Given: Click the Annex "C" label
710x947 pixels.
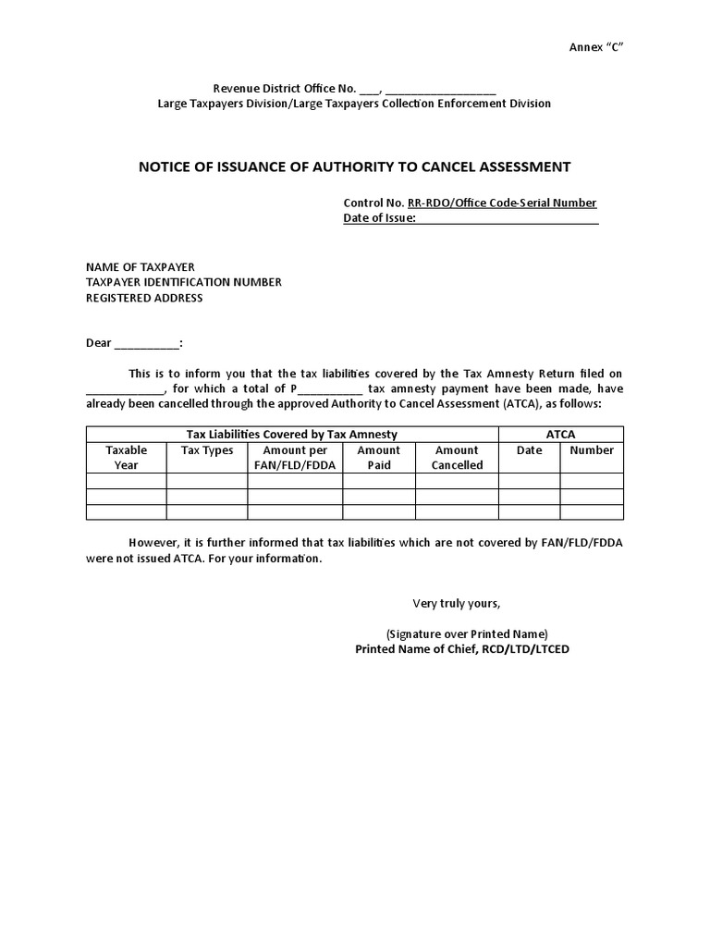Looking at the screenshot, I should pyautogui.click(x=596, y=48).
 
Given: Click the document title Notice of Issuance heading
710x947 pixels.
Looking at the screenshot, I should pyautogui.click(x=354, y=167).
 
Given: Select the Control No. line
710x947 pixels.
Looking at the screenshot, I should pyautogui.click(x=470, y=203).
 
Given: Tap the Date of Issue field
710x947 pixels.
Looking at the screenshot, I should pyautogui.click(x=507, y=218).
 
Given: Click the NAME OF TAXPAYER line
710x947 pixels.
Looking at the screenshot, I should pyautogui.click(x=141, y=267).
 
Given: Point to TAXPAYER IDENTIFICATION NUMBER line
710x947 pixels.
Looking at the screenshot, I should pyautogui.click(x=184, y=282).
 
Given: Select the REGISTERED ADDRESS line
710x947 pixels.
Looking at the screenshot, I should pyautogui.click(x=144, y=298).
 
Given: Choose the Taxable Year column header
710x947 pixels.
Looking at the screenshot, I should pyautogui.click(x=126, y=458).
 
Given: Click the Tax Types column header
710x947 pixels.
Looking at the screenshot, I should pyautogui.click(x=207, y=450).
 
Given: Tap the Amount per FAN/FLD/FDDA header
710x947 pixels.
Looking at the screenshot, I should pyautogui.click(x=295, y=458).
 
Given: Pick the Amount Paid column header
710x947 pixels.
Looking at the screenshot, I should pyautogui.click(x=379, y=458).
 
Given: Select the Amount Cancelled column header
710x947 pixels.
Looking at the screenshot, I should pyautogui.click(x=457, y=458).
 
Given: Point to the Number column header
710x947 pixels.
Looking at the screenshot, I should pyautogui.click(x=592, y=450).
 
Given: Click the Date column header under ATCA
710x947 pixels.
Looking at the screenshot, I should pyautogui.click(x=529, y=450).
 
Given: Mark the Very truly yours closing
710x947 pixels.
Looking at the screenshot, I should pyautogui.click(x=456, y=604).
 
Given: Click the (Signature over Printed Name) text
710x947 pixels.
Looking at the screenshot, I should pyautogui.click(x=467, y=634).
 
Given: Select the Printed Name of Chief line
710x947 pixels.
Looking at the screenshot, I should pyautogui.click(x=462, y=649).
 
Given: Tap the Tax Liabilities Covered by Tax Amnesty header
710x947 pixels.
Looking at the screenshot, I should pyautogui.click(x=292, y=434).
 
